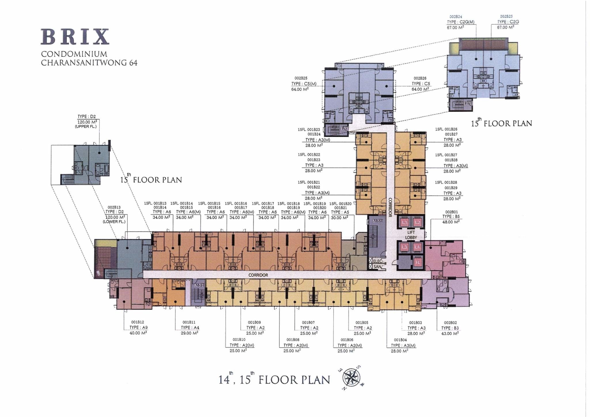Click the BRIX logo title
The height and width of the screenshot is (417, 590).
[x=75, y=37]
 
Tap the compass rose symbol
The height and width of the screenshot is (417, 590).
[x=351, y=377]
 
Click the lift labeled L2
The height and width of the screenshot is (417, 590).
[x=418, y=222]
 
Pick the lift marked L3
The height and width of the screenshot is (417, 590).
[x=404, y=247]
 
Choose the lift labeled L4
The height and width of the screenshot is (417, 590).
[x=417, y=247]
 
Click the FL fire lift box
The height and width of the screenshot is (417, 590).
[x=418, y=263]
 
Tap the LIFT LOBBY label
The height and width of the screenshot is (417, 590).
[x=411, y=235]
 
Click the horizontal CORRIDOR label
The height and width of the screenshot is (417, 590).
[x=258, y=275]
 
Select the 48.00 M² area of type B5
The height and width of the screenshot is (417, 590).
[x=451, y=222]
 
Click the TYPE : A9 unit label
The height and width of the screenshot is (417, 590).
[x=138, y=328]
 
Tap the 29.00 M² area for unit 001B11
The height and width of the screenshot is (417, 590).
[x=190, y=333]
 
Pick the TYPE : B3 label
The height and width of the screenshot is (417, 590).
[x=450, y=328]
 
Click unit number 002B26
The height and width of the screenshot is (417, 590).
[x=420, y=78]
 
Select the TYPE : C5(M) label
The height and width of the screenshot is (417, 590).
[x=304, y=84]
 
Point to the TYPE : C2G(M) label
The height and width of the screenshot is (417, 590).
[x=460, y=22]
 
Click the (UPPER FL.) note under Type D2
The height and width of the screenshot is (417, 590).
[x=86, y=127]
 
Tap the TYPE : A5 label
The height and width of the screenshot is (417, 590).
[x=340, y=212]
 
